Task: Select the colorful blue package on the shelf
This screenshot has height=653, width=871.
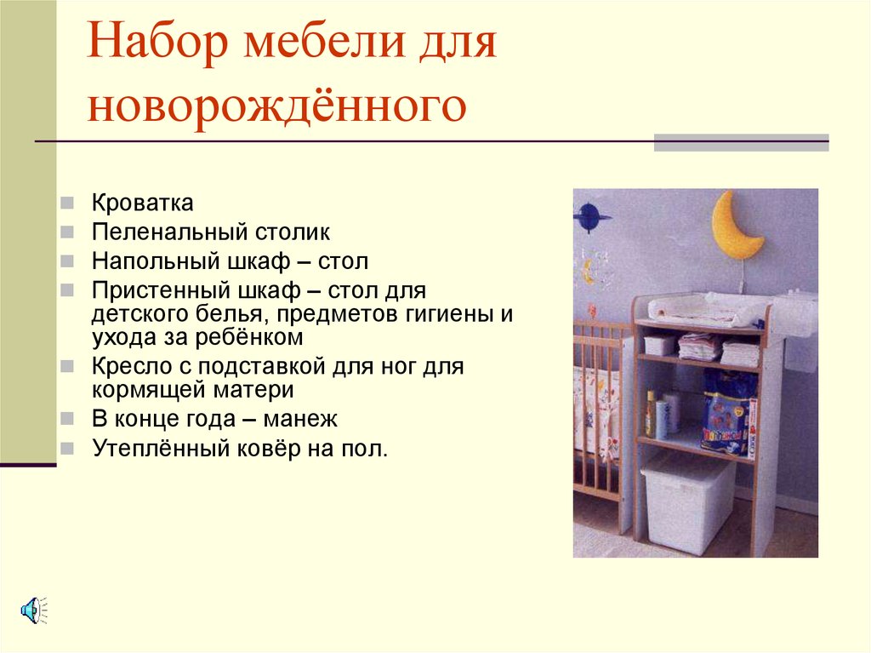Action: click(x=727, y=411)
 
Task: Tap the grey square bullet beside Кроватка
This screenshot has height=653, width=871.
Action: click(x=67, y=204)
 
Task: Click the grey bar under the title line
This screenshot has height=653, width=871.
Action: click(x=740, y=143)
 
